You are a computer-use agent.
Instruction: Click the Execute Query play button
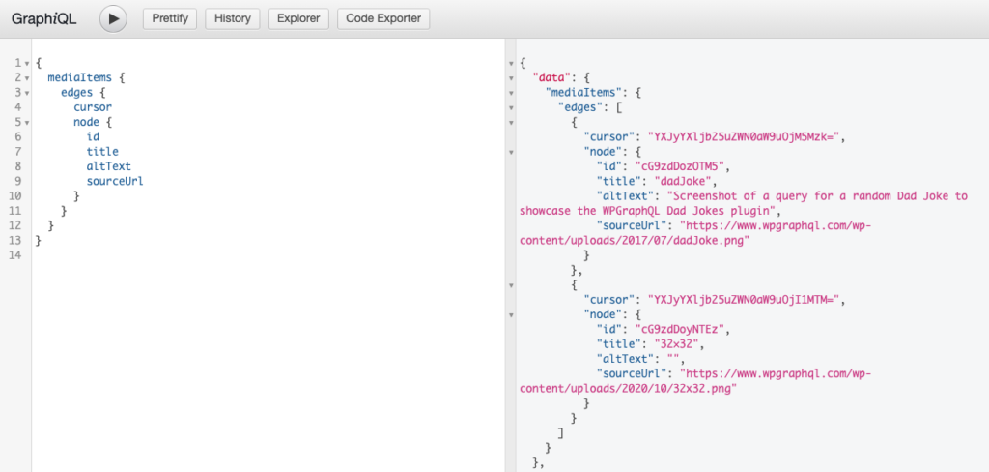pyautogui.click(x=113, y=19)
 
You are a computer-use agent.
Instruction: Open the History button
pyautogui.click(x=232, y=19)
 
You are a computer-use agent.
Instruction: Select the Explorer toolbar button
pyautogui.click(x=299, y=19)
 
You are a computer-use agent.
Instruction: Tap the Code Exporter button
pyautogui.click(x=383, y=19)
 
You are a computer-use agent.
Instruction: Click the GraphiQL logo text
pyautogui.click(x=44, y=19)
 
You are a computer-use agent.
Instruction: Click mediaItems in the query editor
pyautogui.click(x=80, y=77)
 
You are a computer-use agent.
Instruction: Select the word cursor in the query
pyautogui.click(x=93, y=107)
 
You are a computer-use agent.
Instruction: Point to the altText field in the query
pyautogui.click(x=108, y=166)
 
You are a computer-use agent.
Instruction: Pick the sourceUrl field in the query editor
pyautogui.click(x=115, y=181)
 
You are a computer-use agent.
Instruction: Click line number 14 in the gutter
pyautogui.click(x=15, y=254)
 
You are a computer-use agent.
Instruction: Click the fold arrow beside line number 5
pyautogui.click(x=26, y=123)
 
